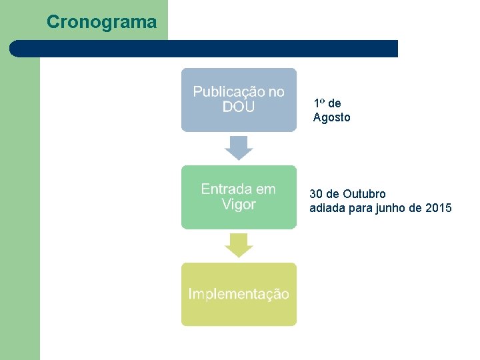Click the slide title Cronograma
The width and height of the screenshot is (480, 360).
click(101, 22)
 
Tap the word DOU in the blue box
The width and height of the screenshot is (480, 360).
click(239, 107)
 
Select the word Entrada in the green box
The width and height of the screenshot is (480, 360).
click(226, 189)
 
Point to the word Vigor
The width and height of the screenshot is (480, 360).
click(239, 204)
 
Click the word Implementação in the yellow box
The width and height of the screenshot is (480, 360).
click(239, 294)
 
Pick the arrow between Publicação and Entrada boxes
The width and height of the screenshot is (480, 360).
click(239, 147)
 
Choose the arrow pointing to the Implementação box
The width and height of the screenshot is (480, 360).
click(239, 245)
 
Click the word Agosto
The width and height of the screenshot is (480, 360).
click(331, 118)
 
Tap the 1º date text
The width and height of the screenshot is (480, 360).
click(319, 103)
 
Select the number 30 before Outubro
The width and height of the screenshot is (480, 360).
click(316, 194)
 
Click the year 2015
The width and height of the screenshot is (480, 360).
click(438, 209)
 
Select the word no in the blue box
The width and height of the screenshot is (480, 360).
click(275, 91)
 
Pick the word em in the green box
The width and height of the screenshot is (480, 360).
click(265, 189)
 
